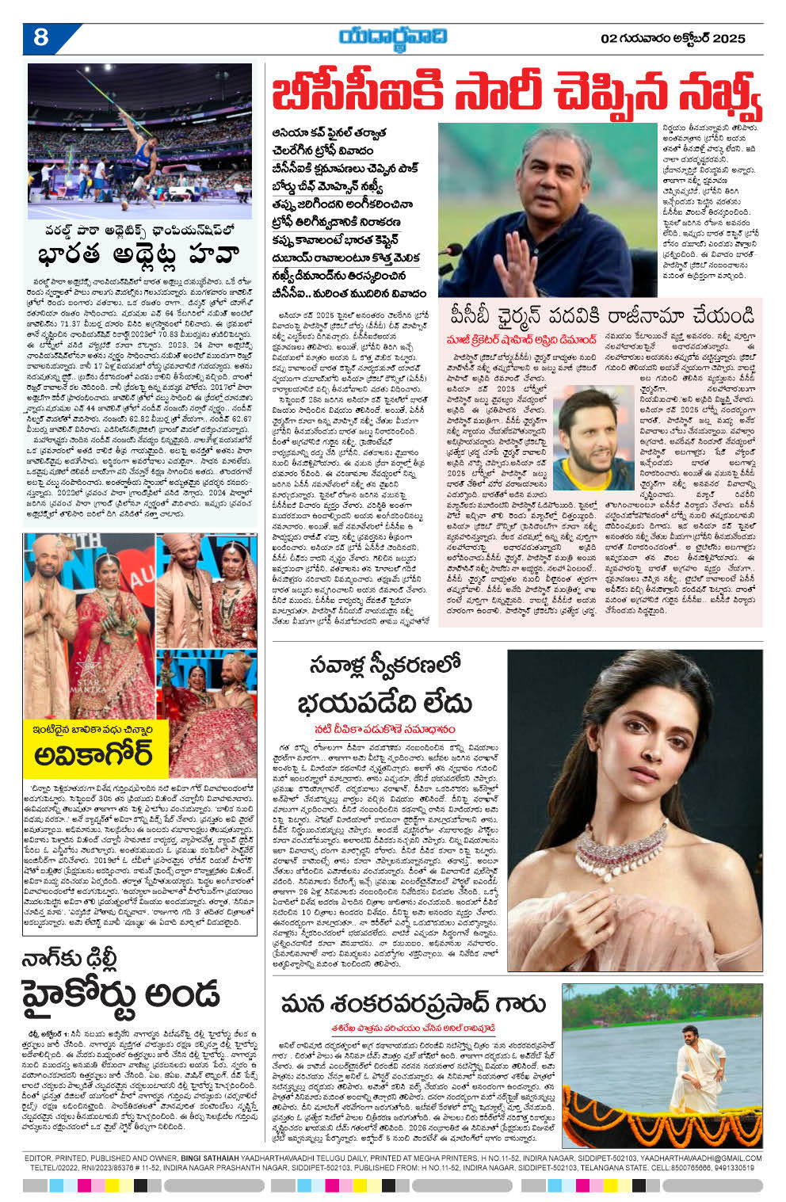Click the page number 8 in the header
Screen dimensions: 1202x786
(41, 37)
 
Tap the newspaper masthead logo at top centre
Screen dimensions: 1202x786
(392, 37)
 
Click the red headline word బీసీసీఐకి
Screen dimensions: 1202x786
(339, 96)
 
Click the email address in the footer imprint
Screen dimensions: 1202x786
(700, 1158)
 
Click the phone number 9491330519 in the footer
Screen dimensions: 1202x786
(736, 1167)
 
